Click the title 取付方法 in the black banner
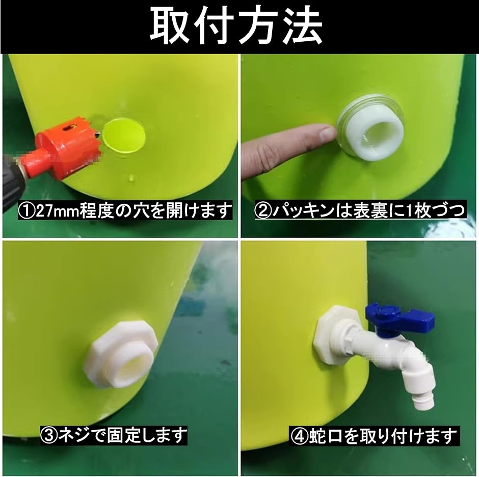(236, 26)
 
